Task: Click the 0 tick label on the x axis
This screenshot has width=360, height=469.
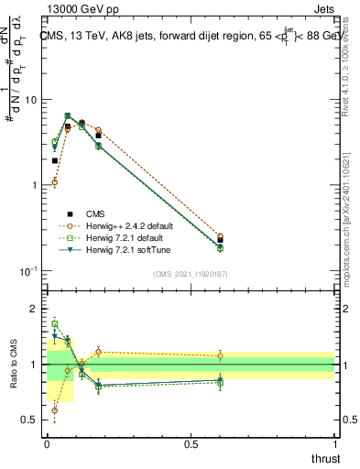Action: click(x=46, y=443)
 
